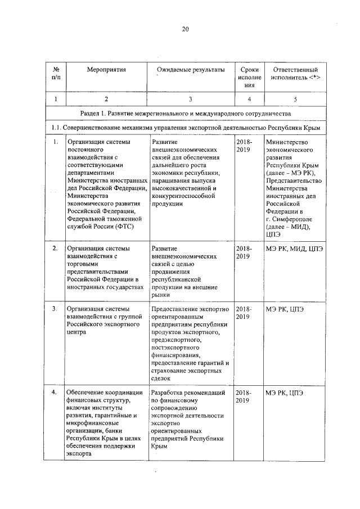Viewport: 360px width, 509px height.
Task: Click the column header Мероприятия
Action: tap(106, 70)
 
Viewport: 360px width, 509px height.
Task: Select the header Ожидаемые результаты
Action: tap(191, 70)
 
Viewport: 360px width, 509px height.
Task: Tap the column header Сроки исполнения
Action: tap(245, 77)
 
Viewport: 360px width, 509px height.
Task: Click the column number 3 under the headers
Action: tap(191, 99)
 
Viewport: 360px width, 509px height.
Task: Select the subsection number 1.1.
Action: tap(56, 128)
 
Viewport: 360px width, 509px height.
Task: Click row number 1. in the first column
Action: tap(56, 143)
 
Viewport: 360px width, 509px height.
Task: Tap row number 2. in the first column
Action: tap(56, 248)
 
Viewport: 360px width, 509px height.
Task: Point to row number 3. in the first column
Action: tap(56, 309)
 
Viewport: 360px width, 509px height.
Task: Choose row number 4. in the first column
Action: tap(56, 392)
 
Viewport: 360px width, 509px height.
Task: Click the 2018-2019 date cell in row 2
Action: tap(244, 252)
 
